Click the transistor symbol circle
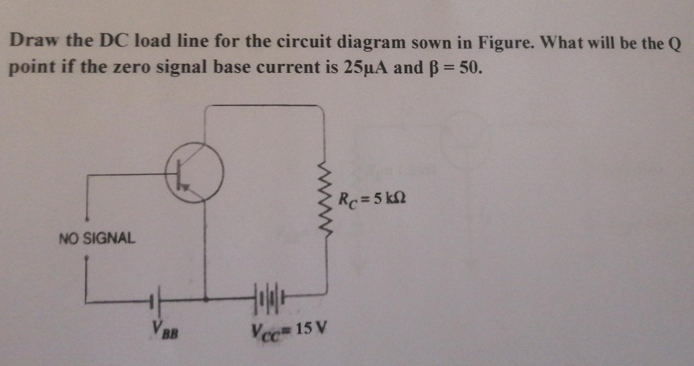[194, 172]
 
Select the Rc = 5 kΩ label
[372, 199]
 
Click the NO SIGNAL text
[97, 238]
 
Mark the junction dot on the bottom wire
[206, 300]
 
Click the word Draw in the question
[35, 41]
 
